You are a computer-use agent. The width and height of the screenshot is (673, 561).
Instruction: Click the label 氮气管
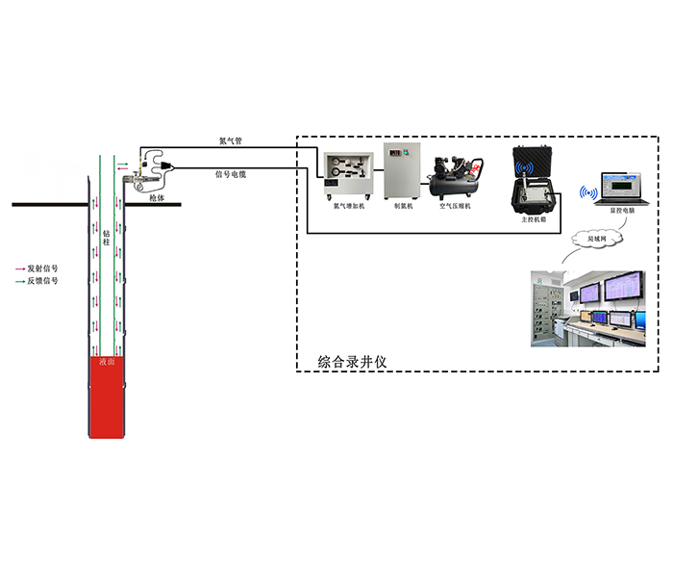coord(230,141)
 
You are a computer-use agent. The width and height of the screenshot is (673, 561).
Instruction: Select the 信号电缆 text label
coord(231,175)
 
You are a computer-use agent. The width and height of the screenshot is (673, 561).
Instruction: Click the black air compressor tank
coord(452,177)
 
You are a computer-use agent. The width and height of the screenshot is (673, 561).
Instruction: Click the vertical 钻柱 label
coord(107,238)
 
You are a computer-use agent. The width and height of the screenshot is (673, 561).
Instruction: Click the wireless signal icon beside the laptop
coord(586,190)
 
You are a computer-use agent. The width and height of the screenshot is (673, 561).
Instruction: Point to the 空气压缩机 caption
coord(453,205)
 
